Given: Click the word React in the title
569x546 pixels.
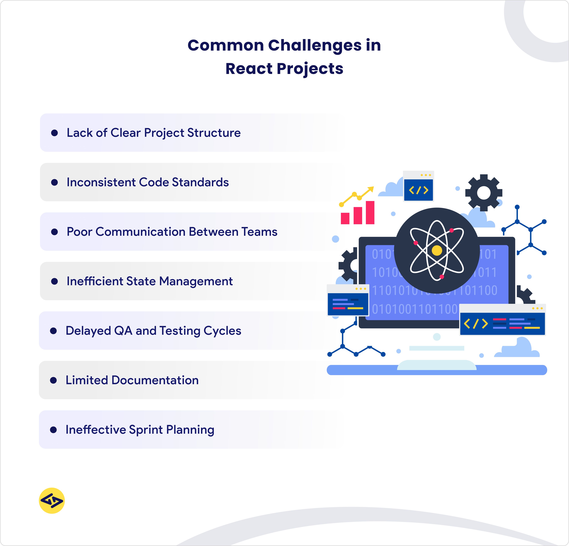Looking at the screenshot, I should (249, 69).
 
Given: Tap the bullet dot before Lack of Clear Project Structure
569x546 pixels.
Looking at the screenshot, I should (54, 133).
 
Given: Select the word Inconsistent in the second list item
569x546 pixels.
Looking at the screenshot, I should (101, 182).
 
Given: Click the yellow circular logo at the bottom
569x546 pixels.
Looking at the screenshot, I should (52, 501).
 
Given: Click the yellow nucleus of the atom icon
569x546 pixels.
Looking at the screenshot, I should (437, 250).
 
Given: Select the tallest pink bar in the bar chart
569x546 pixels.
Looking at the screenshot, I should (370, 213).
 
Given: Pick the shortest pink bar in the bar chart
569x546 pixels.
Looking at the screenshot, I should (345, 218).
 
